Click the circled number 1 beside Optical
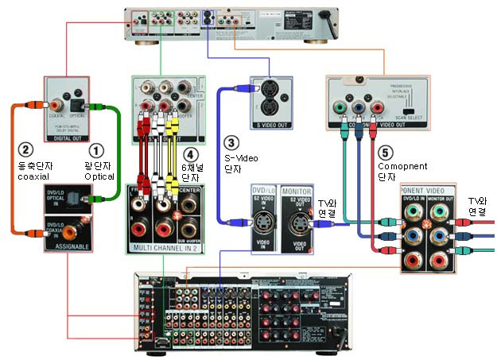96,149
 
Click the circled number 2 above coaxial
25,149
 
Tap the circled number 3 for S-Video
231,143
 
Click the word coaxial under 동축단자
36,177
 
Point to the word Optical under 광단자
99,177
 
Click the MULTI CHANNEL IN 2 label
165,248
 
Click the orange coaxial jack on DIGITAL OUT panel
58,104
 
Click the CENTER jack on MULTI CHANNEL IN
188,202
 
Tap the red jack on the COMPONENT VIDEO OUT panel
379,106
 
